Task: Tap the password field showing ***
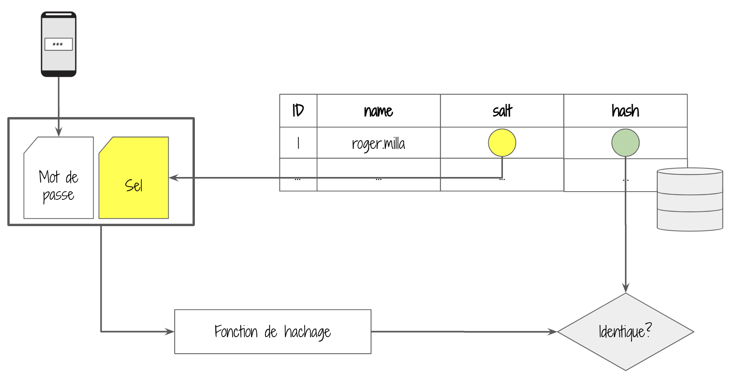[x=58, y=44]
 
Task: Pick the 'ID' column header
[x=298, y=111]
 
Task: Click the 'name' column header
[x=378, y=111]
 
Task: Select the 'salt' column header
[x=502, y=111]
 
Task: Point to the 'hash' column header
[x=625, y=111]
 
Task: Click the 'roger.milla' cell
[x=378, y=143]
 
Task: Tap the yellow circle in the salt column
[x=502, y=143]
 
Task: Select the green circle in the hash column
[x=625, y=143]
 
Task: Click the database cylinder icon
[x=690, y=199]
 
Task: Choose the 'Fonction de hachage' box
[x=273, y=331]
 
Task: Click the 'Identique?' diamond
[x=625, y=332]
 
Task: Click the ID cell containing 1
[x=298, y=143]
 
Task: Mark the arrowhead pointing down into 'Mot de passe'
[x=58, y=132]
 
